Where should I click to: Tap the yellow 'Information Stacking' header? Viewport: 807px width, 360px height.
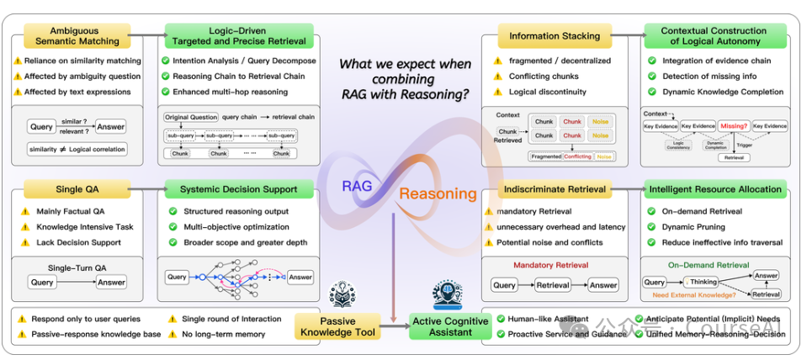point(554,36)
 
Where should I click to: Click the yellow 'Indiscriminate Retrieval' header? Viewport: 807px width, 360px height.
point(554,189)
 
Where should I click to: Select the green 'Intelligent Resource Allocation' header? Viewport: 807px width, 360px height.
point(714,189)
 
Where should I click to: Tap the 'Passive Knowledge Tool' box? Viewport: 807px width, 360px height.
point(337,326)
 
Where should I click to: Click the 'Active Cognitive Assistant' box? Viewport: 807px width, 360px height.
point(449,326)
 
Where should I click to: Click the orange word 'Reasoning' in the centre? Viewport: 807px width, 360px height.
point(438,193)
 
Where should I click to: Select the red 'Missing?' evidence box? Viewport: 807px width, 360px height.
point(733,125)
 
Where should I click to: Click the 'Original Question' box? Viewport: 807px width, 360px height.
point(190,117)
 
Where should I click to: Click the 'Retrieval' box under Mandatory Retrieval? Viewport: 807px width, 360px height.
point(553,285)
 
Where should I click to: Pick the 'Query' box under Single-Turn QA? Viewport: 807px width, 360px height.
point(42,283)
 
